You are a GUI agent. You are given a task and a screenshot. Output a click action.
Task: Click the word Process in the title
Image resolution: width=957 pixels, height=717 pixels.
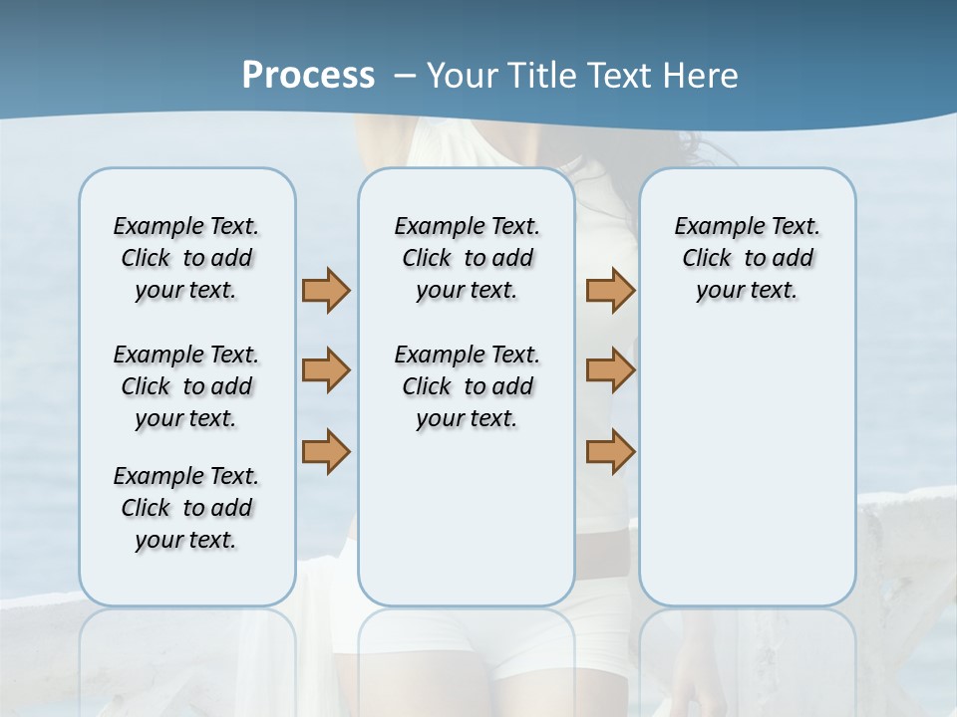coord(308,75)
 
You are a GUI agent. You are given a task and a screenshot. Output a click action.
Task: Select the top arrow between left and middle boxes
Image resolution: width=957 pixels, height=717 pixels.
coord(326,290)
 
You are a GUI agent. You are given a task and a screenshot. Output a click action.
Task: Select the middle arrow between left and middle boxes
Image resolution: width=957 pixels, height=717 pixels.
coord(326,370)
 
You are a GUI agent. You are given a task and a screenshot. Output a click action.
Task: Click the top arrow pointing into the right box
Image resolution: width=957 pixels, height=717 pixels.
coord(610,290)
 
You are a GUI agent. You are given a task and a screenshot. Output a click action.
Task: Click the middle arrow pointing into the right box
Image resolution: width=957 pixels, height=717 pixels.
coord(610,370)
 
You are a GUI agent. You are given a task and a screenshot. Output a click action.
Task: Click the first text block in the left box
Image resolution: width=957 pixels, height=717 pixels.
coord(186,258)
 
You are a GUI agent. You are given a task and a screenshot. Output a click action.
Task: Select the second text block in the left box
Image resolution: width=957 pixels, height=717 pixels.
coord(186,386)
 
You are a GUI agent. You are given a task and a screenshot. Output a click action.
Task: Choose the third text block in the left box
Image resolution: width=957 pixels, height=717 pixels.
coord(186,508)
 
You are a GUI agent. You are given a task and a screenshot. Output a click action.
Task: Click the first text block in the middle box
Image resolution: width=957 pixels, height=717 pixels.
coord(467,258)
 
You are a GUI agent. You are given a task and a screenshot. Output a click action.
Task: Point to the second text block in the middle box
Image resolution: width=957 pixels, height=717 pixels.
coord(467,386)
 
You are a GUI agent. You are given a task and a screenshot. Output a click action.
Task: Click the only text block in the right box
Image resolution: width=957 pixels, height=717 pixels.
coord(747,258)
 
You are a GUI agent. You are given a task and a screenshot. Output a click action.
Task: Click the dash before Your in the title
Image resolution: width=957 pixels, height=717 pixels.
coord(405,76)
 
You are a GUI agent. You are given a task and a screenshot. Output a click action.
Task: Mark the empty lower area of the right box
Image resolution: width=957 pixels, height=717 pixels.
coord(747,468)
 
